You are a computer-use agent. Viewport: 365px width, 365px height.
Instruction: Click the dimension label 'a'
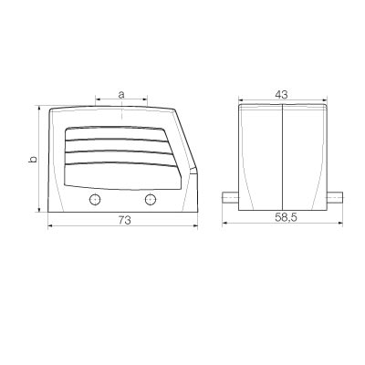tap(121, 95)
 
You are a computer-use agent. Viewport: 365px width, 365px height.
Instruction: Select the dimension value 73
tap(124, 220)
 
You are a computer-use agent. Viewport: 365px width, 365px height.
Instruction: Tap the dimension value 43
tap(281, 95)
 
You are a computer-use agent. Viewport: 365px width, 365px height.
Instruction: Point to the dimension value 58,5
tap(286, 217)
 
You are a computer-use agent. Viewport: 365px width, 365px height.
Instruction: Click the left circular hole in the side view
tap(95, 200)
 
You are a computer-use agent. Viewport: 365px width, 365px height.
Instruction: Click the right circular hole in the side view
tap(151, 200)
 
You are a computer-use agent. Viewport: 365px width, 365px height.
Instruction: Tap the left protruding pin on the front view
tap(230, 198)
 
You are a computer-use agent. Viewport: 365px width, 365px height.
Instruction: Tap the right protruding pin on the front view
tap(335, 198)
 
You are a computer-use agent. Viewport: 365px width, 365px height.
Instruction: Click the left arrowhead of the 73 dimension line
tap(50, 225)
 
